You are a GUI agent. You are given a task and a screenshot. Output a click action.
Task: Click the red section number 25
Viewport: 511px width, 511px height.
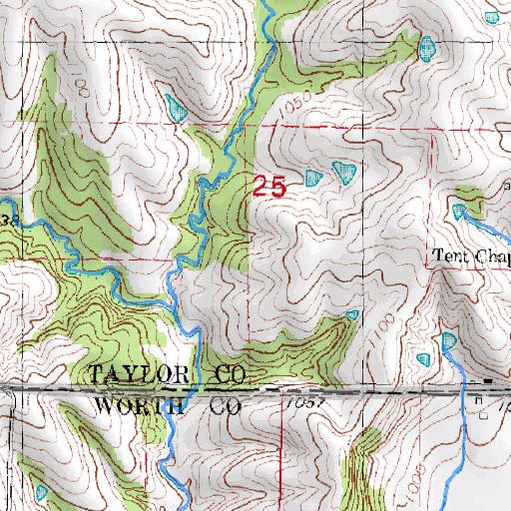[269, 186]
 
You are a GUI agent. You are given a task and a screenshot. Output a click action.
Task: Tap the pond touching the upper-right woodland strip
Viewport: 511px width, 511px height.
[427, 47]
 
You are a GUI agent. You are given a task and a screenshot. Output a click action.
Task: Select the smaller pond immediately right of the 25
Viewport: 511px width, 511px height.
[314, 179]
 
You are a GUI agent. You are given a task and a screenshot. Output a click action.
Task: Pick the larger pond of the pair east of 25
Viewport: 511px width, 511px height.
[343, 174]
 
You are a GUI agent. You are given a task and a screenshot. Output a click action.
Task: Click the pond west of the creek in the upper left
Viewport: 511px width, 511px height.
[177, 107]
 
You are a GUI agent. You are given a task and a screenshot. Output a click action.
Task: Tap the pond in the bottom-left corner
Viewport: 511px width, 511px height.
[40, 492]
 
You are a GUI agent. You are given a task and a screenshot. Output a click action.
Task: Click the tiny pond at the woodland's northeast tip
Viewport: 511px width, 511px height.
[351, 316]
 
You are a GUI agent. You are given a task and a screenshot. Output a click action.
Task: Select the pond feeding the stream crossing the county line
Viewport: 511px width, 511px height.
[448, 342]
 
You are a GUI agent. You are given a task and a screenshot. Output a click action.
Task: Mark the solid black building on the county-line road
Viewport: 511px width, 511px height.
[487, 381]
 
